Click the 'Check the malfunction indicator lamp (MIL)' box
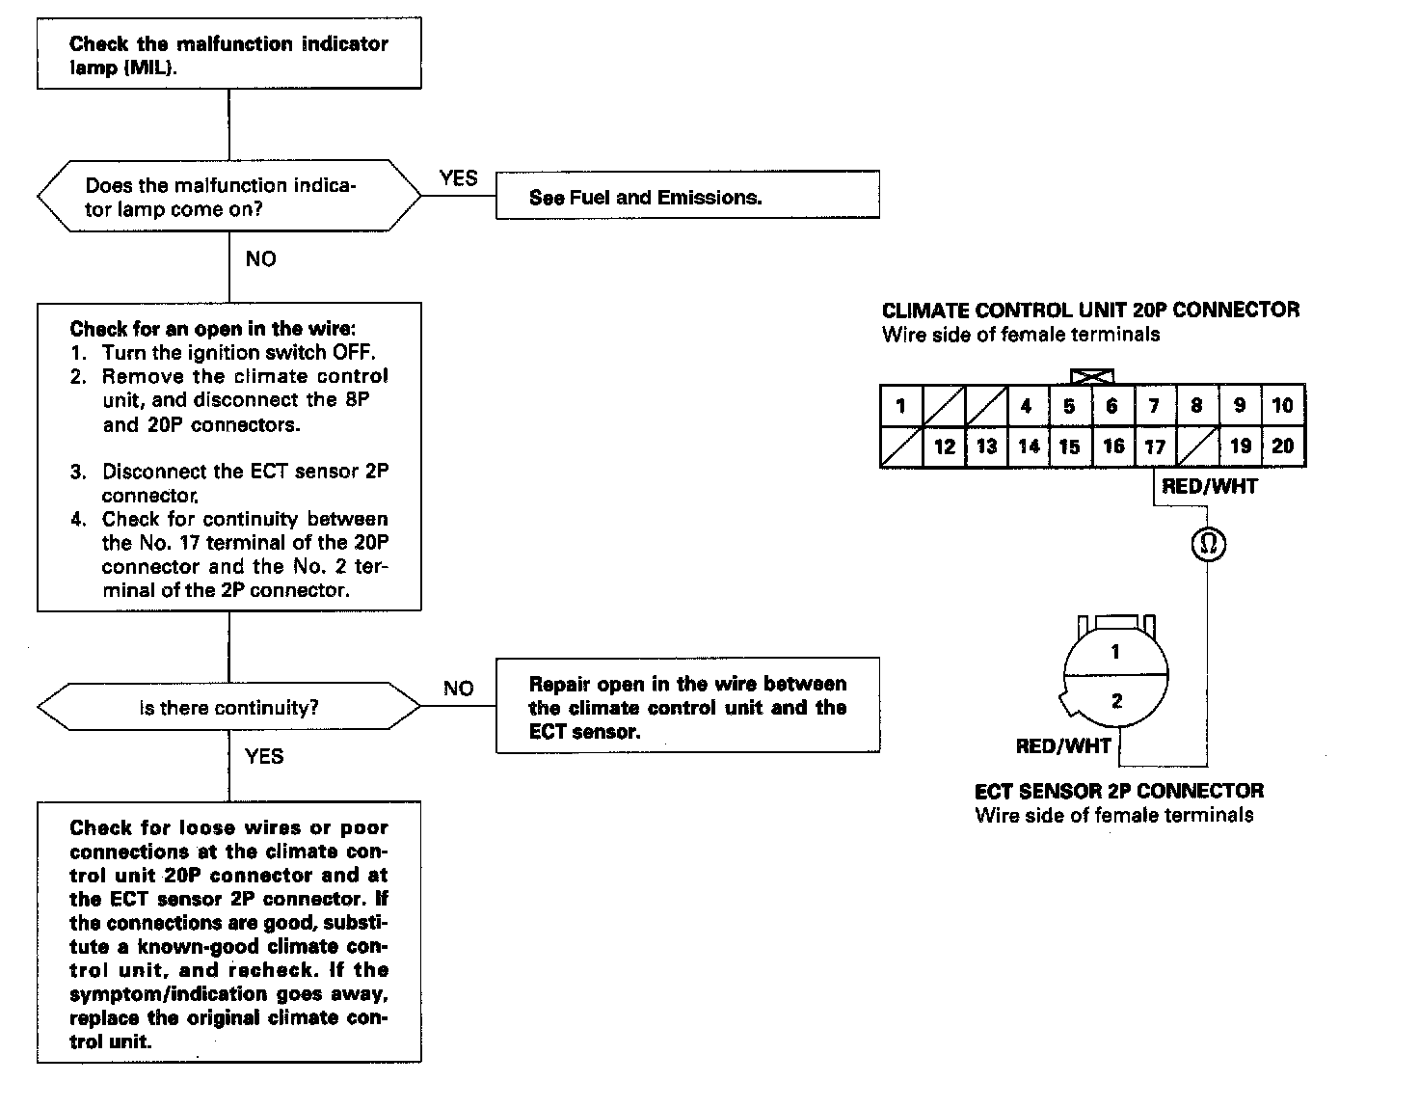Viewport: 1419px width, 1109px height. point(228,55)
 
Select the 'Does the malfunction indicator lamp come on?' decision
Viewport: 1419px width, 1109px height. point(228,197)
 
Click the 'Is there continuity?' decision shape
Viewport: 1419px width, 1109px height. point(228,707)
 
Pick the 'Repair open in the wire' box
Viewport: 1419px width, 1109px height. point(686,706)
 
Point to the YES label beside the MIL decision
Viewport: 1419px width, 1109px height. point(459,178)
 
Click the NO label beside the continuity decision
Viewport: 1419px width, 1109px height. point(459,689)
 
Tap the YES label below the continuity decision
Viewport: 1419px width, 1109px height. point(264,756)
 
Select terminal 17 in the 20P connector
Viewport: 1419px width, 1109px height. point(1155,446)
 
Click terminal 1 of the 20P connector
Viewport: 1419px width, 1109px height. point(900,405)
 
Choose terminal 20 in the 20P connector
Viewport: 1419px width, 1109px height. point(1282,446)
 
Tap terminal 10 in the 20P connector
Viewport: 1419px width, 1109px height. point(1282,405)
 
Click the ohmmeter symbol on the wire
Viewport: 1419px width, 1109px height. point(1208,545)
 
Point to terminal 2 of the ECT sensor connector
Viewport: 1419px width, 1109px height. point(1116,701)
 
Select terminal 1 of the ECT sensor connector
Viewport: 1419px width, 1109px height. point(1115,652)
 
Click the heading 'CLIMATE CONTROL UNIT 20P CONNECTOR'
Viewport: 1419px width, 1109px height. point(1090,311)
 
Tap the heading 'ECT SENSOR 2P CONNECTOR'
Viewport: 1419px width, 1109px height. point(1118,791)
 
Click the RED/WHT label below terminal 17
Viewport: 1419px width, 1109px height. point(1210,487)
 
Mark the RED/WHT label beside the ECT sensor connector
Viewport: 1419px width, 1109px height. point(1063,745)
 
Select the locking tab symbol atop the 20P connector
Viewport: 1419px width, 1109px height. point(1092,377)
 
